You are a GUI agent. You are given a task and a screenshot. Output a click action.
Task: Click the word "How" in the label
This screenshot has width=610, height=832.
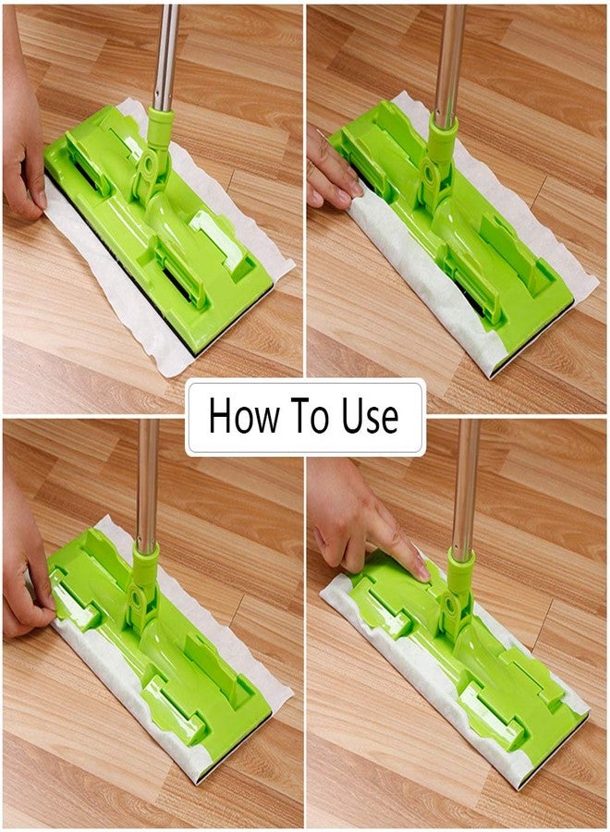point(243,415)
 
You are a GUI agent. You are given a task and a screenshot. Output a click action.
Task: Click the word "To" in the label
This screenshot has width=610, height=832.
point(311,415)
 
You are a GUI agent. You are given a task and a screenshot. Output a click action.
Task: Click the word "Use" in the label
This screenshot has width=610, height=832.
point(370,415)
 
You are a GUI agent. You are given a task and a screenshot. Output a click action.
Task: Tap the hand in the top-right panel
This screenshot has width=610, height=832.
point(333,171)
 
